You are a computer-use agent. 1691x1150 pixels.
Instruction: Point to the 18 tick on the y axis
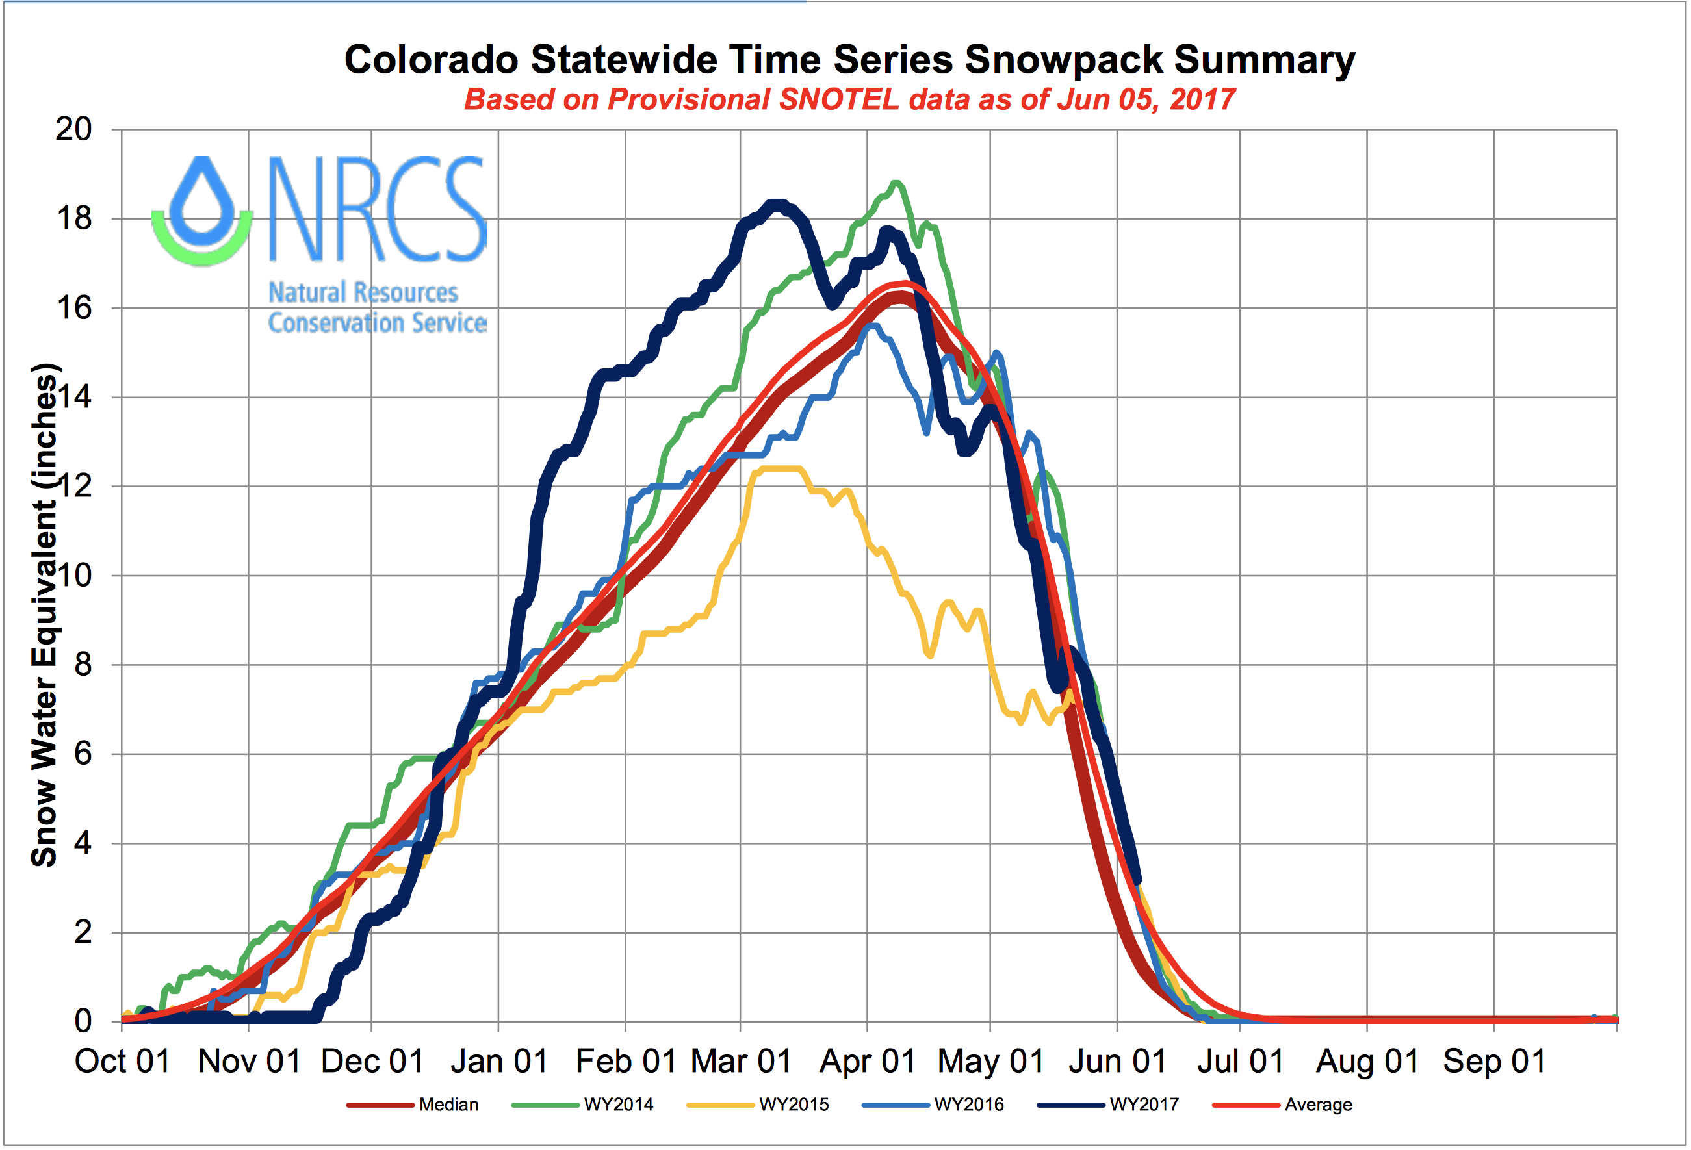[x=74, y=218]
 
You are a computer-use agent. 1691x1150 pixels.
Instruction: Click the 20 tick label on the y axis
[x=74, y=129]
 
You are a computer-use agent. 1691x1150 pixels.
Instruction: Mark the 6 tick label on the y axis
[x=83, y=754]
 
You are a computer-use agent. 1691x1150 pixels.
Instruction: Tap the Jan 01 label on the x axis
[x=499, y=1061]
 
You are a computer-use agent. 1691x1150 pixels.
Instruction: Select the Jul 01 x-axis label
[x=1241, y=1061]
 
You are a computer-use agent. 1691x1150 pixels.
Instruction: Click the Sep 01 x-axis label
[x=1494, y=1061]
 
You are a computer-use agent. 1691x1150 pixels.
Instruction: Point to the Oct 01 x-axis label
[x=122, y=1061]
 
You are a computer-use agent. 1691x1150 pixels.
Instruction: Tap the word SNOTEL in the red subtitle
[x=838, y=99]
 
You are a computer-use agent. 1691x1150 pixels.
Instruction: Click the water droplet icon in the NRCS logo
[x=202, y=207]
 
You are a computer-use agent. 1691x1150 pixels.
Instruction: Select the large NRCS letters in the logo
[x=377, y=209]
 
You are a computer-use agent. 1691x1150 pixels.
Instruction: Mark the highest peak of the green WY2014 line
[x=896, y=183]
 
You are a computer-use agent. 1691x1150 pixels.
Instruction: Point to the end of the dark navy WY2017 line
[x=1137, y=881]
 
